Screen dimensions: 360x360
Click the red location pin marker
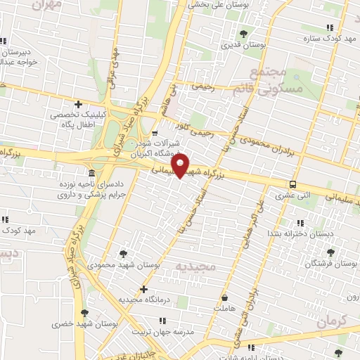[181, 166]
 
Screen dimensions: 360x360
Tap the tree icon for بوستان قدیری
[244, 33]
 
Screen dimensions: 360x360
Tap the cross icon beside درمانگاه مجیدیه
[143, 288]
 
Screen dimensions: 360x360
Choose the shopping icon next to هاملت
[225, 297]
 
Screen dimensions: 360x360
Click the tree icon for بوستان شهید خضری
[84, 313]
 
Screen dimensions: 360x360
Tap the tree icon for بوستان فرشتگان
[338, 251]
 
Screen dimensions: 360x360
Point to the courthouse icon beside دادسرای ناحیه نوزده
[91, 174]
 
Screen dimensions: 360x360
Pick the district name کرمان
[332, 322]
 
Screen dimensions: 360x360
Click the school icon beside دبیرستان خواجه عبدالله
[5, 40]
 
